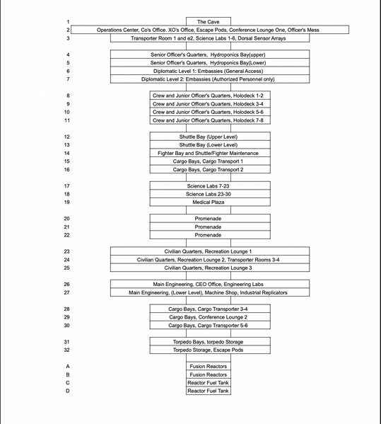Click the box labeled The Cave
(x=209, y=22)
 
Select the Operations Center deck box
(x=209, y=30)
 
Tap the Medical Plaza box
(x=209, y=202)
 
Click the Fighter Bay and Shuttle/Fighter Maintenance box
(x=209, y=153)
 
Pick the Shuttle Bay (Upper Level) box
(x=209, y=137)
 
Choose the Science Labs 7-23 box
(x=209, y=185)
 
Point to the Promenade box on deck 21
(x=209, y=227)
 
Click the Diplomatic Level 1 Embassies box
(x=209, y=71)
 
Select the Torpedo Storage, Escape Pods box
(x=209, y=350)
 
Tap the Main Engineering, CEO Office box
(x=209, y=284)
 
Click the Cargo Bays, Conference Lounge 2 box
(x=209, y=317)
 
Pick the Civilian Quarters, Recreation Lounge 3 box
(x=209, y=268)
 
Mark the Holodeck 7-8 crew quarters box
(x=209, y=120)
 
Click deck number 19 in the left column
(x=67, y=202)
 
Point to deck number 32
(x=67, y=350)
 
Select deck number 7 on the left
(x=67, y=79)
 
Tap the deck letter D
(x=67, y=391)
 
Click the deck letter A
(x=67, y=366)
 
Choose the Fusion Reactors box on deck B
(x=209, y=374)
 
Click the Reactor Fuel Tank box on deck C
(x=209, y=382)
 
